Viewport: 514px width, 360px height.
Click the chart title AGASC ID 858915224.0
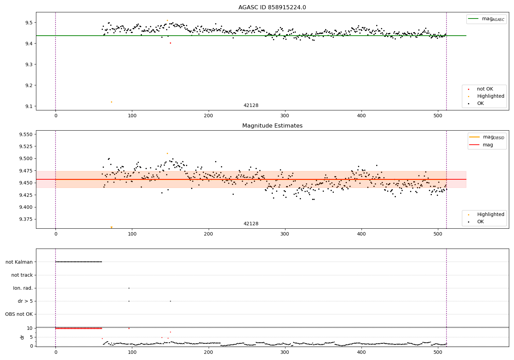pos(272,8)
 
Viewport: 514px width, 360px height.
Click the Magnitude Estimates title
pos(272,126)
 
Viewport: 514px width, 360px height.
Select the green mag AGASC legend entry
pos(486,19)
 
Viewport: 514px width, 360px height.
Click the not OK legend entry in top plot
pos(485,89)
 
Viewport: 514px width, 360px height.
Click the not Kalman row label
pos(19,262)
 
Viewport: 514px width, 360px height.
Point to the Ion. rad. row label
pos(23,288)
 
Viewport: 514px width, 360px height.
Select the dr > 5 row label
pos(25,301)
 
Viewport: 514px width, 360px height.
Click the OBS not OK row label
pos(19,314)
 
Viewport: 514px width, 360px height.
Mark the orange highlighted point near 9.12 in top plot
pos(111,102)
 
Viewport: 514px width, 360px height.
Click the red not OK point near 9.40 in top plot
pos(170,43)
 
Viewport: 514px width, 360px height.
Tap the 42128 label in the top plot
pos(251,105)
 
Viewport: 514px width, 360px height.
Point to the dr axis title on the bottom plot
pos(22,337)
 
